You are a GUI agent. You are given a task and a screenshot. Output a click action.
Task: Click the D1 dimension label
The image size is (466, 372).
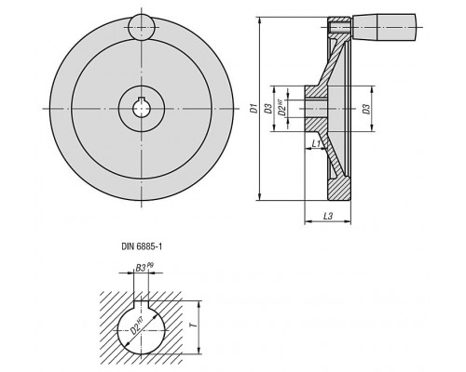(x=254, y=109)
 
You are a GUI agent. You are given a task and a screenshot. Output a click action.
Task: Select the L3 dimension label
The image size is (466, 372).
(x=328, y=216)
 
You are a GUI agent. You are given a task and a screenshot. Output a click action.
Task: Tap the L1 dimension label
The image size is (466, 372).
(x=317, y=143)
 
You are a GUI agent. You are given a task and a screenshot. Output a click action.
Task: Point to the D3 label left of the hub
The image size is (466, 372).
(x=268, y=109)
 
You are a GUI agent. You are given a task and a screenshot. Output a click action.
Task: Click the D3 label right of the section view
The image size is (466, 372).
(x=367, y=109)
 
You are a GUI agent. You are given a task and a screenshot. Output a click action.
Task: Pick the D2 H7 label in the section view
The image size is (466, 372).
(x=281, y=108)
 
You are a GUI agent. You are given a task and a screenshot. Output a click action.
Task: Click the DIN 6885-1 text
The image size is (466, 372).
(x=142, y=246)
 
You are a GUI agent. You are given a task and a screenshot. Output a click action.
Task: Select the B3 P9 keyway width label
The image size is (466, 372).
(x=144, y=267)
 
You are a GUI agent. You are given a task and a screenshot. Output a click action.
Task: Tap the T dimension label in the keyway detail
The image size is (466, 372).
(x=193, y=325)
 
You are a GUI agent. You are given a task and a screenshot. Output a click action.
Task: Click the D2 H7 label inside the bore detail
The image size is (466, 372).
(x=138, y=326)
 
